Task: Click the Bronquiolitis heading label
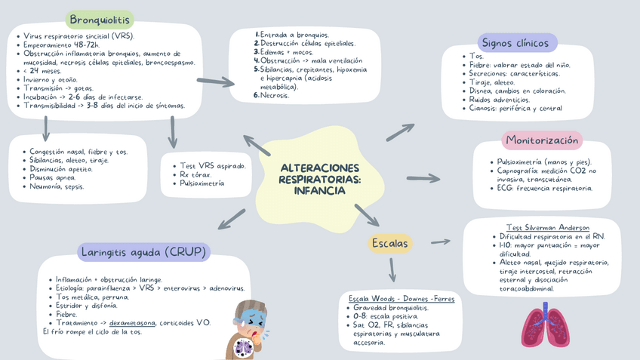(100, 20)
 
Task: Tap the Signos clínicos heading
(517, 43)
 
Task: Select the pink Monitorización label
(542, 140)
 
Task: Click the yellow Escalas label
(390, 243)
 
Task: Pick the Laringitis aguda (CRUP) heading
(143, 251)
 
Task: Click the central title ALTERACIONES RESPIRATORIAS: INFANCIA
(319, 179)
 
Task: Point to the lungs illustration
(545, 325)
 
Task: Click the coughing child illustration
(249, 330)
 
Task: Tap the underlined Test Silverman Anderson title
(547, 227)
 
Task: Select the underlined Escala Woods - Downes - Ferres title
(402, 299)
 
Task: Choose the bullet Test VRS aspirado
(213, 165)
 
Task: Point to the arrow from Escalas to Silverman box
(441, 242)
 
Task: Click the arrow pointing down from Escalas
(392, 269)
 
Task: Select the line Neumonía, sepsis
(57, 186)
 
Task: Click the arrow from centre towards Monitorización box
(423, 178)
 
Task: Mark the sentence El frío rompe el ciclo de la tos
(92, 331)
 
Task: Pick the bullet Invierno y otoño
(50, 79)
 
